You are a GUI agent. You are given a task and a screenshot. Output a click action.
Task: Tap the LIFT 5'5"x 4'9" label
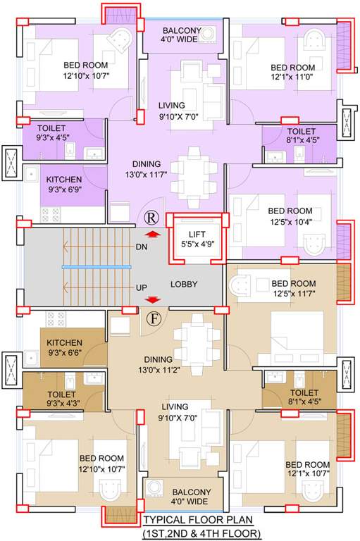coord(192,240)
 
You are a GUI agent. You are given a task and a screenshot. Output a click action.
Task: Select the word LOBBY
coord(184,285)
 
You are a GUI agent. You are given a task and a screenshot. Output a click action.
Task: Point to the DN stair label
coord(141,247)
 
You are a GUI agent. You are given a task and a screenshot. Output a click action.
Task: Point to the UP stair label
coord(141,288)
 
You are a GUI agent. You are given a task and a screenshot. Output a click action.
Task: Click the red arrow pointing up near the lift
coord(151,235)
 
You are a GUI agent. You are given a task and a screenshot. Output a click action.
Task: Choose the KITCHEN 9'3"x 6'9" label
coord(64,185)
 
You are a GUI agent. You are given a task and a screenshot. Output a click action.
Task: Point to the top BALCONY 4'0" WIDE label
coord(182,35)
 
